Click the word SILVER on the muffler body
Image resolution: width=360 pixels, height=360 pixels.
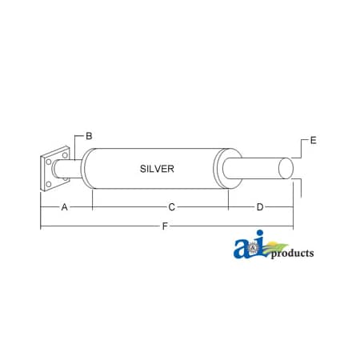[x=156, y=169]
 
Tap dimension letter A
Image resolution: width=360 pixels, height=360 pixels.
[x=63, y=206]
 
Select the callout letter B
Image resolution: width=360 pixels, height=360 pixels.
[x=90, y=136]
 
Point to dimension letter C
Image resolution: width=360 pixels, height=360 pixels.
[x=171, y=206]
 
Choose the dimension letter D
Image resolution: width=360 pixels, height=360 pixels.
[x=260, y=206]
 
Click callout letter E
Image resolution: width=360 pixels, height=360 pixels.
[x=314, y=141]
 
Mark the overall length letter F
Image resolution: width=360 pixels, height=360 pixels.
[x=165, y=226]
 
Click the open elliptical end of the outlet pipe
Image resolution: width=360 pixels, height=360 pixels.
[x=286, y=170]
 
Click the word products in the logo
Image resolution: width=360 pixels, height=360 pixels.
[x=291, y=254]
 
